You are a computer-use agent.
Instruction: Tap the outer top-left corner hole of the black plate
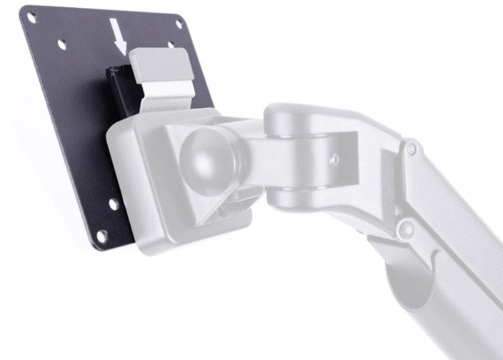(31, 17)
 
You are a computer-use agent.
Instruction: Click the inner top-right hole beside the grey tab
(171, 45)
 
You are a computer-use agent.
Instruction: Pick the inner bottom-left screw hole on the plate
(113, 204)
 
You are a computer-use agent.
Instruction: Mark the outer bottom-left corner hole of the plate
(101, 234)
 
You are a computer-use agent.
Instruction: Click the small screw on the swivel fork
(334, 159)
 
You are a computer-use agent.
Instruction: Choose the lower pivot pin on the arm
(405, 229)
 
